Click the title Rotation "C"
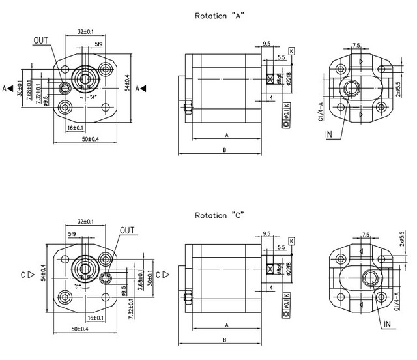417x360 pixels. coord(216,215)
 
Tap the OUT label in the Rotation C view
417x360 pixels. coord(128,230)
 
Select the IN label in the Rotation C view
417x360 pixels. coord(388,323)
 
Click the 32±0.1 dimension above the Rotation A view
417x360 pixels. coord(85,31)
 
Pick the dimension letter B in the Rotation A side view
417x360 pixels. coord(223,149)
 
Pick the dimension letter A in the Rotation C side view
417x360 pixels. coord(225,324)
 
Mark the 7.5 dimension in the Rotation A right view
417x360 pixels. coord(356,46)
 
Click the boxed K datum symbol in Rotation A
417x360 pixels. coord(291,50)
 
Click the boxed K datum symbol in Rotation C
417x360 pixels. coord(291,242)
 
